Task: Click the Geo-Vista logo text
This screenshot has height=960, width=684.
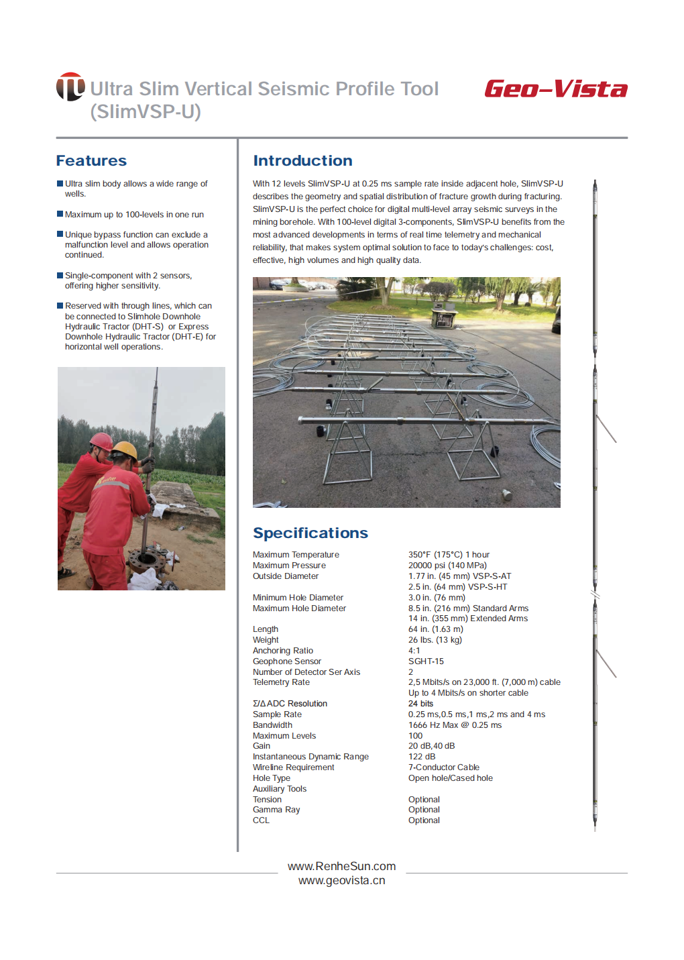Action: pyautogui.click(x=555, y=89)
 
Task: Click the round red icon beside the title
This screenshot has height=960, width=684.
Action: pyautogui.click(x=70, y=87)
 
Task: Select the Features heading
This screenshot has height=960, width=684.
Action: pyautogui.click(x=91, y=161)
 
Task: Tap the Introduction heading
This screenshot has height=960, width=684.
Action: pyautogui.click(x=302, y=161)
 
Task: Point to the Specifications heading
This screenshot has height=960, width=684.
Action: pyautogui.click(x=310, y=533)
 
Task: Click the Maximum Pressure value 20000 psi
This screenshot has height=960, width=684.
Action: pyautogui.click(x=447, y=566)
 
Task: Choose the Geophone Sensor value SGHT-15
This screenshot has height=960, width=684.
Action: pyautogui.click(x=426, y=661)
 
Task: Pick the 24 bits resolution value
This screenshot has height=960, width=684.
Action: pyautogui.click(x=420, y=704)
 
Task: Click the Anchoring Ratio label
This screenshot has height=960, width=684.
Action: pyautogui.click(x=282, y=651)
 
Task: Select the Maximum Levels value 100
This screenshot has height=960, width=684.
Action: pyautogui.click(x=415, y=736)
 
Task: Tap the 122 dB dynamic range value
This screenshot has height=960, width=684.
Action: pyautogui.click(x=421, y=757)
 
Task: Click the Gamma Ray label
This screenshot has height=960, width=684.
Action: pyautogui.click(x=276, y=810)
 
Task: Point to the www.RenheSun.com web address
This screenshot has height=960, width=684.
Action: pyautogui.click(x=341, y=866)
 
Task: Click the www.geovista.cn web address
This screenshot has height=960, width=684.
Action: pyautogui.click(x=341, y=881)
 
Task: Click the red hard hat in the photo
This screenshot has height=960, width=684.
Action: pyautogui.click(x=101, y=441)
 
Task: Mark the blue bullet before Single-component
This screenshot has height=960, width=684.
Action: pyautogui.click(x=60, y=275)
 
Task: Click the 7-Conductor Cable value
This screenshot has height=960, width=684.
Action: pyautogui.click(x=443, y=767)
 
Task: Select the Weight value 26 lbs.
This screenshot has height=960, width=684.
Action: pyautogui.click(x=435, y=640)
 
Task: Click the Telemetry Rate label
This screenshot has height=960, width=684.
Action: pyautogui.click(x=281, y=682)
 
